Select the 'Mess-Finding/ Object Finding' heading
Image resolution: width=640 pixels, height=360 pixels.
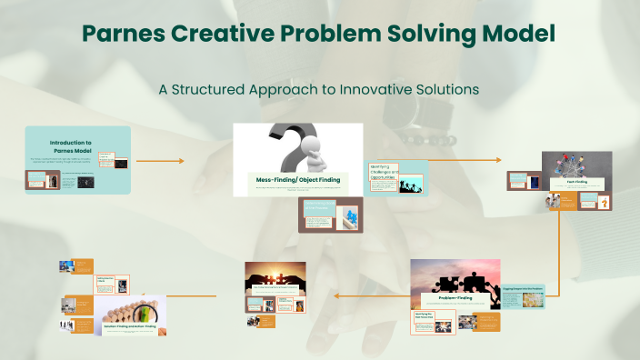tap(297, 180)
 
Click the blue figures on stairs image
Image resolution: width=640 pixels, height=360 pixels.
tap(348, 217)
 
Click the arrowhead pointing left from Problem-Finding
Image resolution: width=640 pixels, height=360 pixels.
tap(335, 295)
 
